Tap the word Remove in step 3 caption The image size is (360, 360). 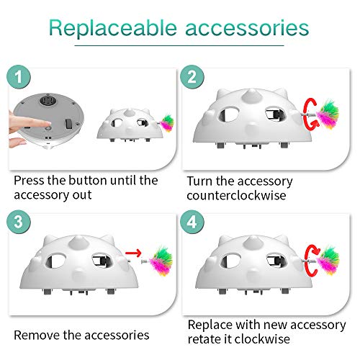pos(37,334)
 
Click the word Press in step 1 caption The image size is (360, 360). pos(30,180)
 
